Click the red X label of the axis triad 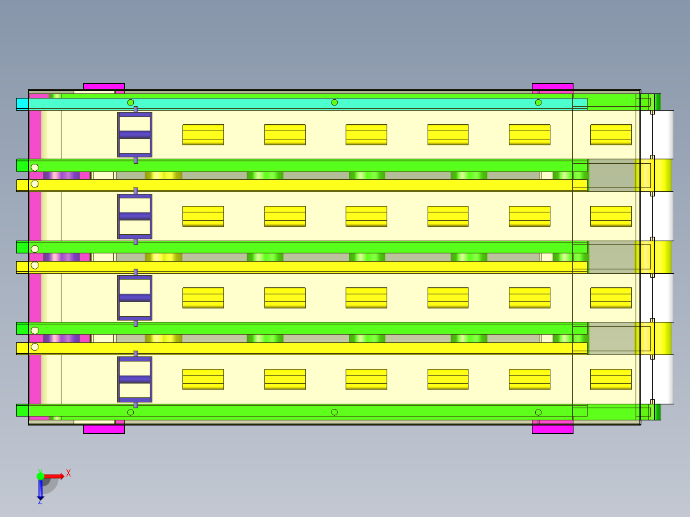tap(68, 473)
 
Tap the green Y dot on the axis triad tap(40, 476)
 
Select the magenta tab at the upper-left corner tap(104, 86)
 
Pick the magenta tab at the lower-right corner tap(552, 429)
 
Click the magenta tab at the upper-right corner tap(552, 86)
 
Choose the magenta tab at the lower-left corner tap(104, 429)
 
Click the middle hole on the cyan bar tap(334, 102)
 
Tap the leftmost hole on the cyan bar tap(131, 102)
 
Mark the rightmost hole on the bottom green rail tap(538, 412)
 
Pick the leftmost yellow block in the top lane tap(204, 134)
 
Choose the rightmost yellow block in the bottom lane tap(611, 379)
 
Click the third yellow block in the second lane tap(366, 216)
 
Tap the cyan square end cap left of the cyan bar tap(22, 104)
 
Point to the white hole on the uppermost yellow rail tap(35, 184)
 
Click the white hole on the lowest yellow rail tap(35, 347)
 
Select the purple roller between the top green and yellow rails tap(61, 175)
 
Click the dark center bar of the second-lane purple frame tap(134, 216)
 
